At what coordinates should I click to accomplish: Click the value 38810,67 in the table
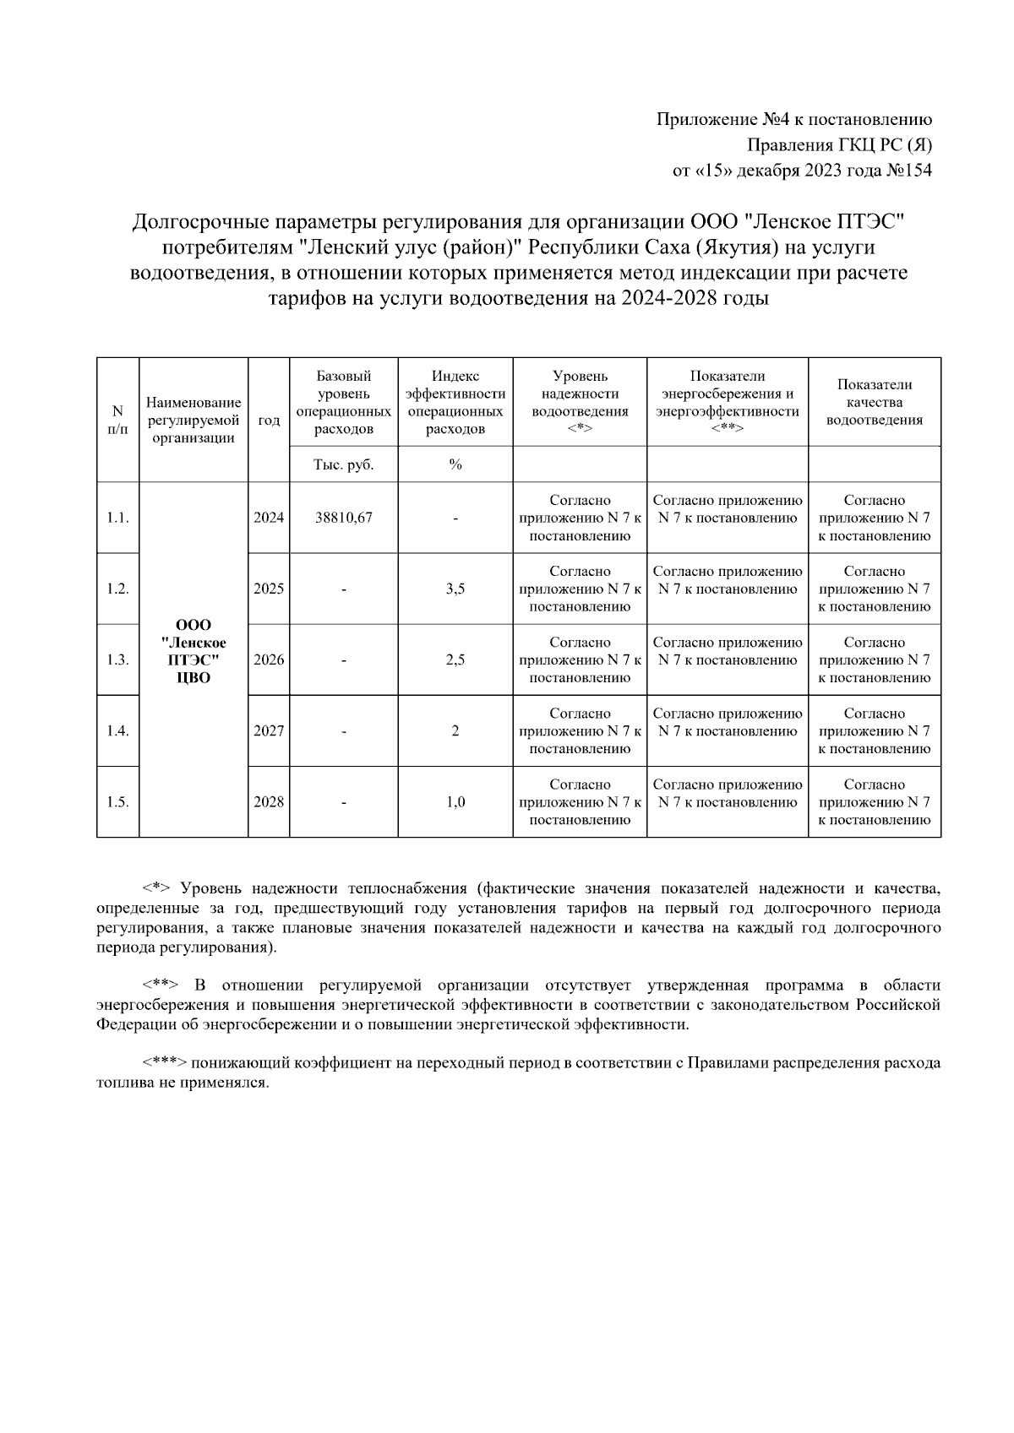coord(343,518)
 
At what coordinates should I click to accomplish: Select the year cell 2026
coord(269,660)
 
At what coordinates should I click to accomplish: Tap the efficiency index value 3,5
coord(455,589)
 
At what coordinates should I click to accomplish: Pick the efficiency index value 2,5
coord(455,660)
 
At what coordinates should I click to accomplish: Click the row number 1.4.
coord(117,730)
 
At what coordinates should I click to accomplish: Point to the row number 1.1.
coord(117,518)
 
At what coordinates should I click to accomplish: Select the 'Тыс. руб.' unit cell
coord(343,464)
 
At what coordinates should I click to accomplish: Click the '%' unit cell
coord(455,464)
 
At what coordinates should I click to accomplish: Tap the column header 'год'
coord(269,420)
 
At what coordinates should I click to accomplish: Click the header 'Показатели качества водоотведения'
coord(874,402)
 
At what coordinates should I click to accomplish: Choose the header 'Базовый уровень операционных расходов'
coord(343,402)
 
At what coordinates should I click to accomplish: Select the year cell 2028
coord(269,801)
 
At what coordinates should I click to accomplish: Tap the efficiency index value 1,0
coord(455,801)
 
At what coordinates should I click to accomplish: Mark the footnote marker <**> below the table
coord(160,985)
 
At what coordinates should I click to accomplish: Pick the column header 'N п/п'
coord(117,420)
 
